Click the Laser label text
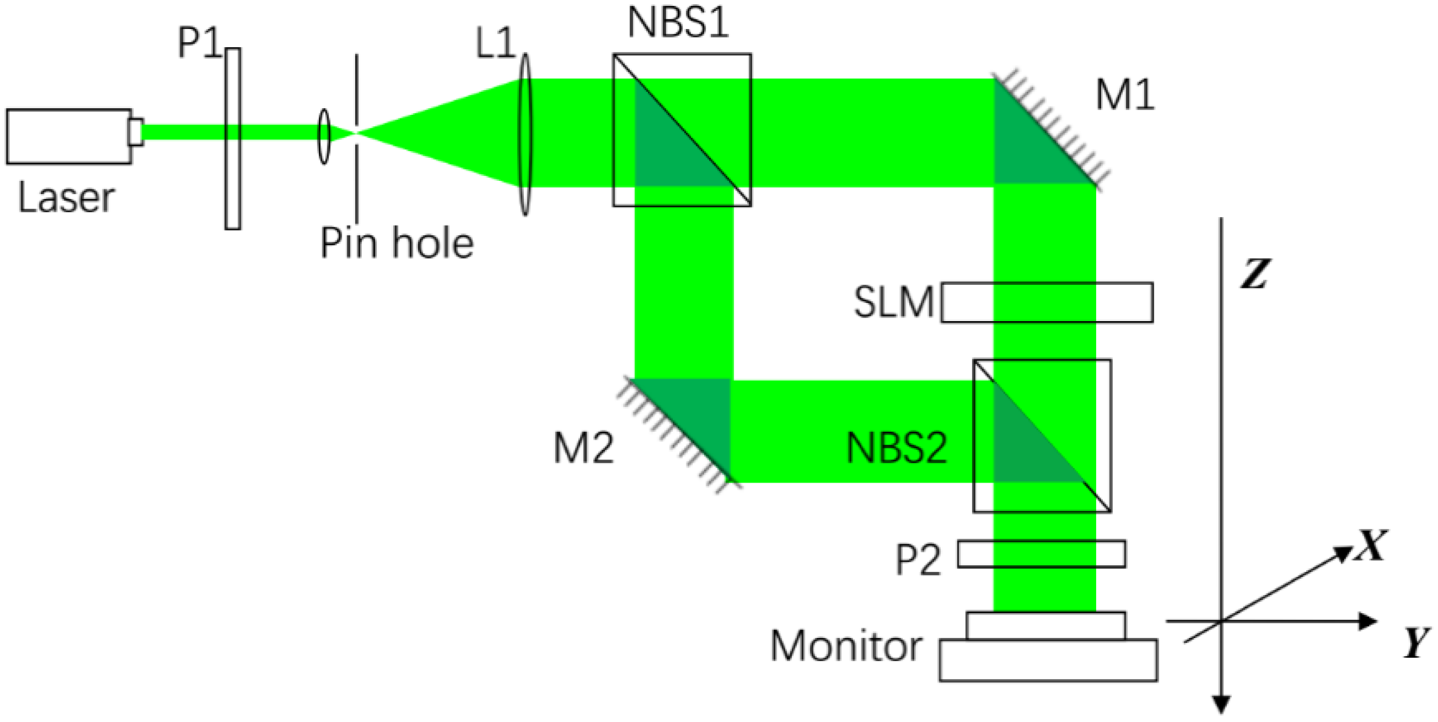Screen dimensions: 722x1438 click(x=66, y=198)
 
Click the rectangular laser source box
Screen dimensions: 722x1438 click(x=68, y=137)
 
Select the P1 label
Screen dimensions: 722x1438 click(x=199, y=43)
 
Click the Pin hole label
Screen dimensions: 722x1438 click(x=396, y=243)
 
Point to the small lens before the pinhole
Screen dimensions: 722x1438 click(x=324, y=136)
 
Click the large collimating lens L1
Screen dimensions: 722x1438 click(x=525, y=134)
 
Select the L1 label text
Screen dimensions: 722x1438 click(x=494, y=44)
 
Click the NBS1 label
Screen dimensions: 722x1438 click(x=678, y=23)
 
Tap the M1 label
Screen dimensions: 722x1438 click(x=1125, y=96)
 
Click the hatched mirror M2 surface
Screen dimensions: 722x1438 click(x=678, y=432)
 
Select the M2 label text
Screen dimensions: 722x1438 click(x=583, y=449)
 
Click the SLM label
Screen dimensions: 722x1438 click(x=894, y=302)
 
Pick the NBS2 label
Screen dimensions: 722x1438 click(x=896, y=449)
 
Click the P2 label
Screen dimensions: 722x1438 click(x=918, y=560)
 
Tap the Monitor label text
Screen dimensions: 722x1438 click(x=846, y=646)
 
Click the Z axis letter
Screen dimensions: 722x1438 click(x=1255, y=274)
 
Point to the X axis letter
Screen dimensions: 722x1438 click(x=1371, y=545)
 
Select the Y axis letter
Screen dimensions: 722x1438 click(x=1416, y=643)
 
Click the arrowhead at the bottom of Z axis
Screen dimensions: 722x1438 click(x=1223, y=704)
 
